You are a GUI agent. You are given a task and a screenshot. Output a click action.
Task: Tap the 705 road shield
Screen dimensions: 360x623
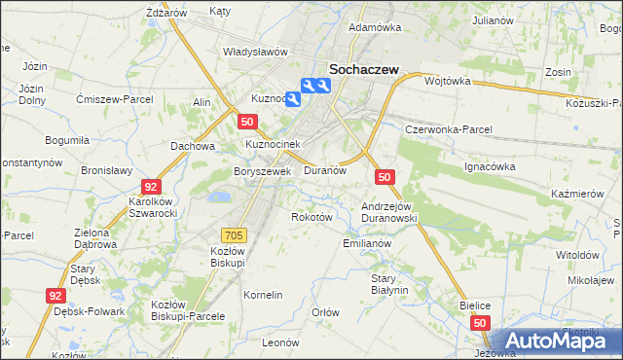pyautogui.click(x=234, y=234)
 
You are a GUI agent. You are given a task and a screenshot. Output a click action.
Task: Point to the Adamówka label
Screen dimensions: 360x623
pyautogui.click(x=375, y=27)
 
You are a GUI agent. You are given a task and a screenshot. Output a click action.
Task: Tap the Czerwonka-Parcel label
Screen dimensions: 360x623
pyautogui.click(x=450, y=129)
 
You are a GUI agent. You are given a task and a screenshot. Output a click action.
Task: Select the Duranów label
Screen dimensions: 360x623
pyautogui.click(x=325, y=169)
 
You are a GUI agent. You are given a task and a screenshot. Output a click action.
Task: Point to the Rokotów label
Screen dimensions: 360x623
pyautogui.click(x=312, y=217)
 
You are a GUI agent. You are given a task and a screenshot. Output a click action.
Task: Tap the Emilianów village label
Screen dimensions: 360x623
pyautogui.click(x=367, y=243)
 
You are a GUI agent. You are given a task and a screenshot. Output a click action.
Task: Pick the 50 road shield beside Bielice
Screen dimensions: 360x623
pyautogui.click(x=480, y=321)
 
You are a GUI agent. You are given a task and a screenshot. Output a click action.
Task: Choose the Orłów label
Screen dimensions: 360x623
pyautogui.click(x=325, y=312)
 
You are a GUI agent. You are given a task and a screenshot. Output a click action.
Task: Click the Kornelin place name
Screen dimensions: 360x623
pyautogui.click(x=263, y=294)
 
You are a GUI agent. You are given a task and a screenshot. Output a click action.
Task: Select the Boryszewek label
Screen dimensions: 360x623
pyautogui.click(x=263, y=171)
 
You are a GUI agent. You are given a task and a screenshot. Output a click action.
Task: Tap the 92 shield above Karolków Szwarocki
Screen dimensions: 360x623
pyautogui.click(x=150, y=185)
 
